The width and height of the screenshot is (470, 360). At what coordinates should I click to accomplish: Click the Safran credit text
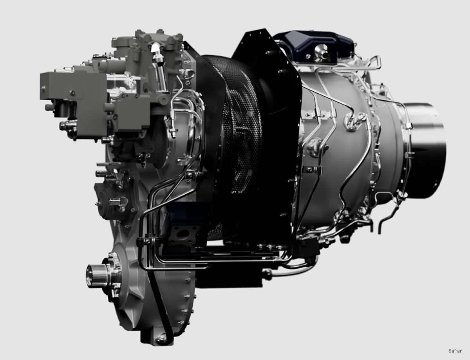pos(455,351)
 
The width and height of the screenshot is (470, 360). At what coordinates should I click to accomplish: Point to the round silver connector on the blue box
pos(321,51)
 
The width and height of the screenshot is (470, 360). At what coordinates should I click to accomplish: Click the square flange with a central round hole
pos(182,234)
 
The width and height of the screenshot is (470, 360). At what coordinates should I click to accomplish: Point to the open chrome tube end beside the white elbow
pos(189,73)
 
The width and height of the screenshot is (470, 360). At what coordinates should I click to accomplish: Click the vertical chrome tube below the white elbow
pos(161,76)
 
